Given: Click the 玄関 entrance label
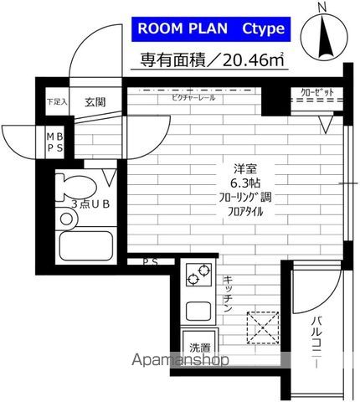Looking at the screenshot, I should (x=94, y=102).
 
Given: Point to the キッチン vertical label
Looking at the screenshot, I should (x=227, y=295).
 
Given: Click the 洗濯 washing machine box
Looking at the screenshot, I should (x=200, y=347).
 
